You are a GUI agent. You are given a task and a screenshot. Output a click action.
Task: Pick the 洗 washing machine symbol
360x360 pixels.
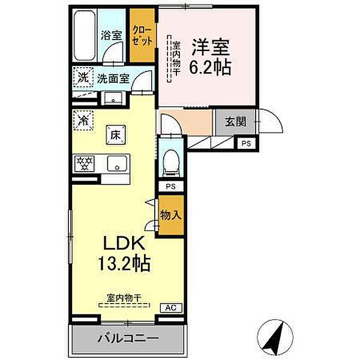pyautogui.click(x=83, y=77)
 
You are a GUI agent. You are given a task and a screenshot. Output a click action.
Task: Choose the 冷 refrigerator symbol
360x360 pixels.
pyautogui.click(x=82, y=119)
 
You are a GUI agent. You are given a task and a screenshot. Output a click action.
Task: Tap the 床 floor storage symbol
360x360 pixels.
pyautogui.click(x=114, y=134)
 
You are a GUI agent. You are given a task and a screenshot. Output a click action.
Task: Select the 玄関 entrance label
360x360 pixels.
pyautogui.click(x=235, y=122)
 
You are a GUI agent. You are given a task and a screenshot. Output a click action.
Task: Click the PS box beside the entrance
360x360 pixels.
pyautogui.click(x=247, y=143)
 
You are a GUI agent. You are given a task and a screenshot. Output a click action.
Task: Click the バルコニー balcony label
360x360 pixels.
pyautogui.click(x=128, y=338)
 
